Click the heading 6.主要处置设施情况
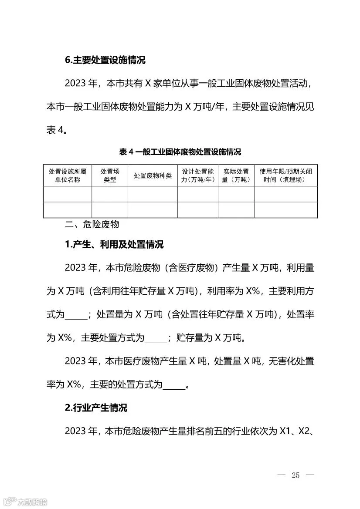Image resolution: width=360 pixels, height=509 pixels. tap(105, 60)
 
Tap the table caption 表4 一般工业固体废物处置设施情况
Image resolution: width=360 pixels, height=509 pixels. tap(180, 152)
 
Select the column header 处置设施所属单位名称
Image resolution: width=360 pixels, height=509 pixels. tap(68, 176)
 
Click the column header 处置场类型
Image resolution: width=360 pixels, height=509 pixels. tap(110, 176)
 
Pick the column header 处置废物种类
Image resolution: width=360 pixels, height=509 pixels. tap(153, 176)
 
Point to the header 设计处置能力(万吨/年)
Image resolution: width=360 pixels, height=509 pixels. tap(198, 176)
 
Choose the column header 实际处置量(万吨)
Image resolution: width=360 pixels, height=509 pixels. tap(236, 176)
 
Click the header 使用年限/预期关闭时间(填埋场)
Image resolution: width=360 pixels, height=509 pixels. tap(286, 176)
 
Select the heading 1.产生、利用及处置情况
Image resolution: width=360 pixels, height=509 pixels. tap(114, 245)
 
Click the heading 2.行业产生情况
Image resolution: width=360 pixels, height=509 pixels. tap(96, 408)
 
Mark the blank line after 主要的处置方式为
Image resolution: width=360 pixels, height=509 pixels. tap(174, 385)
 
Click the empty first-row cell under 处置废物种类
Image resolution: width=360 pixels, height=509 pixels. tap(153, 194)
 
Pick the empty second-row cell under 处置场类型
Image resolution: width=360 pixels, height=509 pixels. tap(110, 210)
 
